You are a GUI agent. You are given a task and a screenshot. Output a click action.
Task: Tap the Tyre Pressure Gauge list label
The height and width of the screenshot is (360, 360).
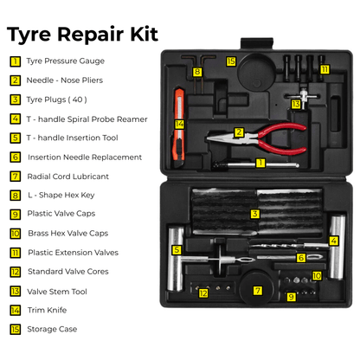(65, 61)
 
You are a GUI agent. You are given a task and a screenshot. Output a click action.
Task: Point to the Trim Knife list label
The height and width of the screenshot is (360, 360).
(49, 310)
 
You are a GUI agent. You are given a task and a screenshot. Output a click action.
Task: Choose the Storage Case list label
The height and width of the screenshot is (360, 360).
(52, 329)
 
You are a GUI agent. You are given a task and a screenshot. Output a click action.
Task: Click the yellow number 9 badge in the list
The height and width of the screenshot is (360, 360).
(16, 214)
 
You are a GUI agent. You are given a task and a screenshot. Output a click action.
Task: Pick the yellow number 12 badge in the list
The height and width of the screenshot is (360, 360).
(16, 271)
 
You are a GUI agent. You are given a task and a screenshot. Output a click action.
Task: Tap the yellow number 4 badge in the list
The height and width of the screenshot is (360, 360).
(16, 119)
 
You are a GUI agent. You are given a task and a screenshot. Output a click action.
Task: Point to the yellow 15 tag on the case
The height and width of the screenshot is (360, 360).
(231, 61)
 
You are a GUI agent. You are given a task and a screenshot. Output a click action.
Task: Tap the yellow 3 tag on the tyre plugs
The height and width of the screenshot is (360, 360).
(255, 214)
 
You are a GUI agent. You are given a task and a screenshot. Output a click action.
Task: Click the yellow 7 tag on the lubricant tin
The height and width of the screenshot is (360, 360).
(257, 291)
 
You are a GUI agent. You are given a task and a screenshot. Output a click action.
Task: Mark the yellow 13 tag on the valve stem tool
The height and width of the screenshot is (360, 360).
(296, 104)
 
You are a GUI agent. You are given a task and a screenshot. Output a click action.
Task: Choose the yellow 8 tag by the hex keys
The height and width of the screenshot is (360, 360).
(196, 72)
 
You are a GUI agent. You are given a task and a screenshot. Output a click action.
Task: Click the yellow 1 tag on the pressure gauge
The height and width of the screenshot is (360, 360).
(260, 163)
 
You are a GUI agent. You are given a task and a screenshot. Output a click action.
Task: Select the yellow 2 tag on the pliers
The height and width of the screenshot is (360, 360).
(239, 132)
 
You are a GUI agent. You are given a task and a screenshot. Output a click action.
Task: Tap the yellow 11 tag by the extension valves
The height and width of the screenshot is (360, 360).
(325, 68)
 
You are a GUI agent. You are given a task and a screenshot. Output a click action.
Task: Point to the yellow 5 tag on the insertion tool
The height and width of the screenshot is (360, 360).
(177, 249)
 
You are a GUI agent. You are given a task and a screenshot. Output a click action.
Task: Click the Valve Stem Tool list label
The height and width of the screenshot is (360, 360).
(57, 291)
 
